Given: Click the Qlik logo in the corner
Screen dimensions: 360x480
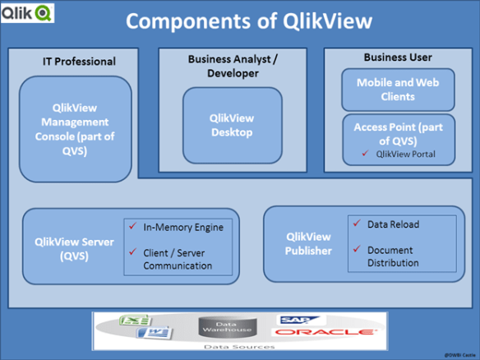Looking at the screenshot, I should tap(28, 12).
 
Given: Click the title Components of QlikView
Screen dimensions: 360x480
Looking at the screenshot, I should tap(248, 21).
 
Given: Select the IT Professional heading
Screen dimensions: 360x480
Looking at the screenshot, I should tap(79, 62).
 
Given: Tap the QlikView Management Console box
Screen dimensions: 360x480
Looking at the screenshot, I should tap(75, 130).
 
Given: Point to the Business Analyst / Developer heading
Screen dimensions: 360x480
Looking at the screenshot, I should tap(233, 66).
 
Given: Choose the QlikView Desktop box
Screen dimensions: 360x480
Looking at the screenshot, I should tap(231, 125).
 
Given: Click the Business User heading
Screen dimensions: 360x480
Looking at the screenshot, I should tap(397, 58).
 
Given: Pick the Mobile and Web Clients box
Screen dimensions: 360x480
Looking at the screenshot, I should tap(397, 90).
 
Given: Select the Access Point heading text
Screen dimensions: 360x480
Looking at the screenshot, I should tap(397, 133).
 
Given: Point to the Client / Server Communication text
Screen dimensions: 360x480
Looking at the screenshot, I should tap(178, 260).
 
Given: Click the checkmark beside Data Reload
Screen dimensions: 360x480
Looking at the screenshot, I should tap(355, 224).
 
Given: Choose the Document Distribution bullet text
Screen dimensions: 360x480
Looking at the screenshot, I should tap(393, 256).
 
